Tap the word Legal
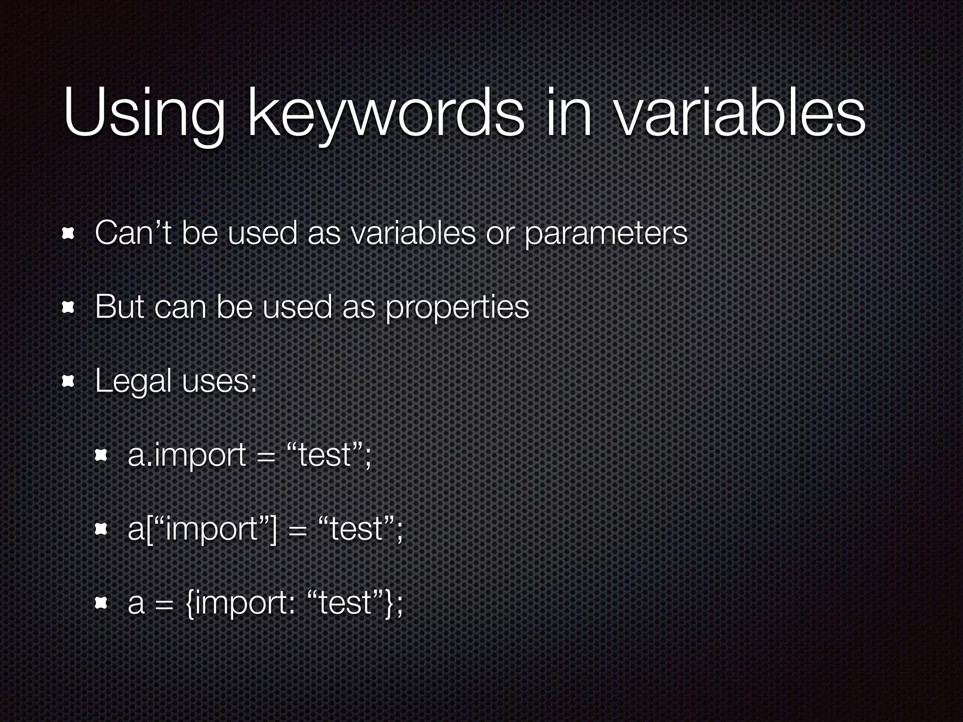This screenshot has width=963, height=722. coord(133,381)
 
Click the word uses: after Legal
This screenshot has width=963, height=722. coord(220,381)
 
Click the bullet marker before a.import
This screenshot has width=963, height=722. coord(102,455)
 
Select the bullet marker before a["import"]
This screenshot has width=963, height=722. coord(102,529)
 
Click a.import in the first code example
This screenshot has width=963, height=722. coord(187,455)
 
